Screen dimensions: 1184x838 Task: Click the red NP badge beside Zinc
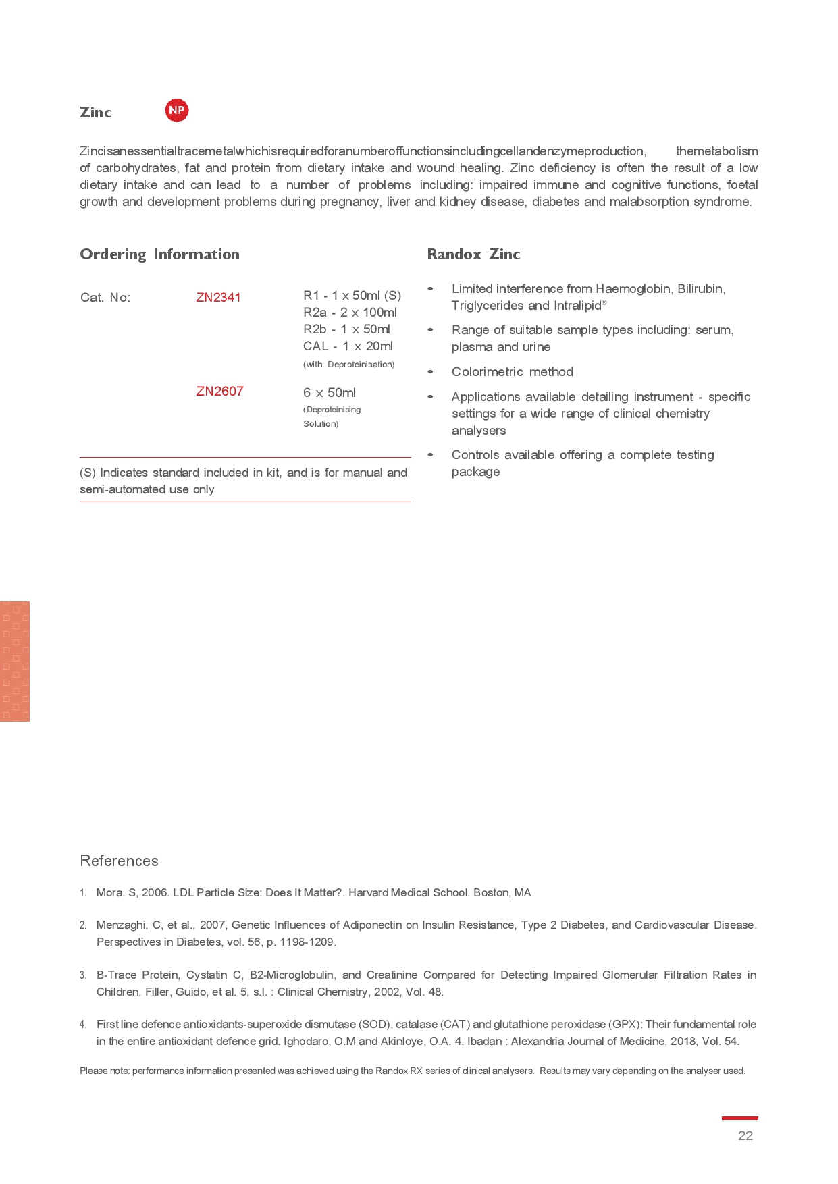tap(177, 110)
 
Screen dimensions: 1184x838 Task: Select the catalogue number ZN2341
tap(218, 298)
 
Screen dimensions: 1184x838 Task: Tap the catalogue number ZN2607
tap(219, 392)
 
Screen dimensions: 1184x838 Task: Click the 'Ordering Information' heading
tap(159, 254)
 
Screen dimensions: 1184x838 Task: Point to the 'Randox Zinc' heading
tap(473, 254)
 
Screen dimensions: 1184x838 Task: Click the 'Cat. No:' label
tap(105, 298)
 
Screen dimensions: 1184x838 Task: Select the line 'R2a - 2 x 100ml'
tap(350, 313)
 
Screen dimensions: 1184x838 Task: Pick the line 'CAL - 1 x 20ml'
tap(348, 346)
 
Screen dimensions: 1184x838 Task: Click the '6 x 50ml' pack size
tap(330, 393)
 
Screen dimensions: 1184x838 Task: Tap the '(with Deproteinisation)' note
tap(348, 365)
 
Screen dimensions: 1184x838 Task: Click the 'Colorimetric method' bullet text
tap(513, 372)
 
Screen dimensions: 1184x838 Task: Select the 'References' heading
tap(119, 861)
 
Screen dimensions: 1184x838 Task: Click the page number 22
tap(745, 1135)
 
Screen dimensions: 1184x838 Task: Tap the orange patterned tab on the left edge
tap(15, 662)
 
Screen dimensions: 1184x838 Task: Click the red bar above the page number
tap(739, 1119)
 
